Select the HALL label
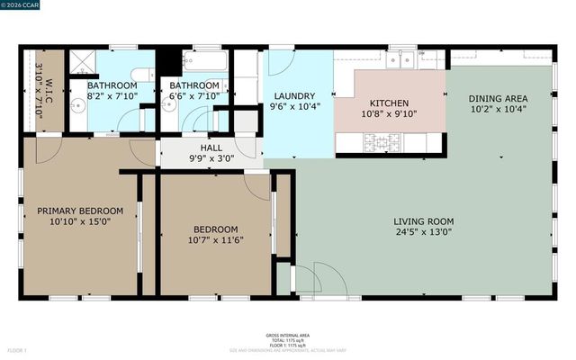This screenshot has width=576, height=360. pyautogui.click(x=211, y=149)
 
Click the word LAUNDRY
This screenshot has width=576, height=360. pyautogui.click(x=295, y=96)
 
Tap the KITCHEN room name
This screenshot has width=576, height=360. pyautogui.click(x=389, y=103)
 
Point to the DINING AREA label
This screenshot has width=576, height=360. pyautogui.click(x=498, y=98)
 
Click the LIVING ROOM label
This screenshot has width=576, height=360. pyautogui.click(x=423, y=221)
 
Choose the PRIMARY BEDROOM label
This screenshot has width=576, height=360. pyautogui.click(x=79, y=211)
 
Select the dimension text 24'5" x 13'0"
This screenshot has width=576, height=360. pyautogui.click(x=423, y=232)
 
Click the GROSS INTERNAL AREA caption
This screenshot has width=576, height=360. pyautogui.click(x=288, y=332)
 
